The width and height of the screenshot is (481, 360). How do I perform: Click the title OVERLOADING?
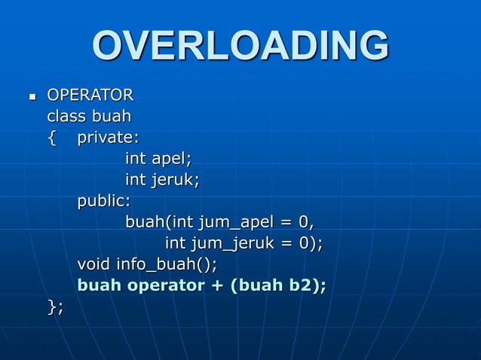click(240, 47)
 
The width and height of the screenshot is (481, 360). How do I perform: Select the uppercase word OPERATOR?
click(90, 96)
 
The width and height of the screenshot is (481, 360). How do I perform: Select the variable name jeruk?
click(176, 180)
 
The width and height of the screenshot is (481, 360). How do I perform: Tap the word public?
click(104, 201)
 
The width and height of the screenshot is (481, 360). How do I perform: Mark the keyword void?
click(94, 264)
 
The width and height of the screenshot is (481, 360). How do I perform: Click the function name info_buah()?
click(167, 265)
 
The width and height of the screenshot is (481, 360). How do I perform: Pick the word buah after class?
click(112, 117)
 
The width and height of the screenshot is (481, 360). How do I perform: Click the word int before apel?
click(136, 159)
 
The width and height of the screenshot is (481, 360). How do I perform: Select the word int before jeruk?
click(136, 180)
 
